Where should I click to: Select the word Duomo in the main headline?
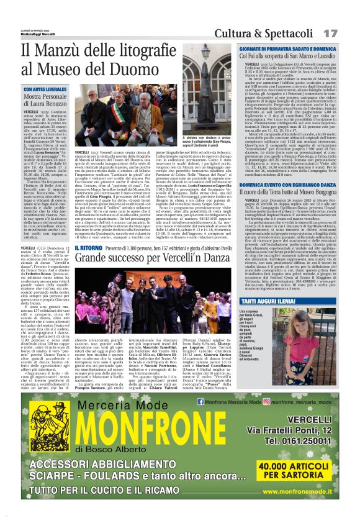click(139, 70)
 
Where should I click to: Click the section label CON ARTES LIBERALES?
click(45, 90)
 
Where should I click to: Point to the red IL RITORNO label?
click(88, 248)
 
